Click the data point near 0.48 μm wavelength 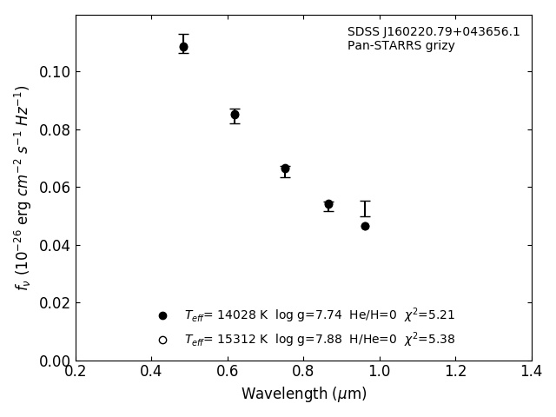click(x=183, y=47)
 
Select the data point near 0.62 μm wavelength click(x=235, y=115)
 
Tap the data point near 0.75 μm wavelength click(x=285, y=169)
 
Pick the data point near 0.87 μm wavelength click(x=328, y=205)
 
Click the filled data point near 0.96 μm click(x=365, y=226)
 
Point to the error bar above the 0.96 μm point click(x=365, y=208)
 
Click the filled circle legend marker click(x=162, y=315)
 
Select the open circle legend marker click(x=162, y=340)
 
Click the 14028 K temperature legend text click(x=226, y=315)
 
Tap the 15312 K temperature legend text click(x=226, y=340)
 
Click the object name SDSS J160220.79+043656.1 click(x=434, y=32)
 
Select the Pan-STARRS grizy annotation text click(x=400, y=46)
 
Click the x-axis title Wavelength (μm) click(x=304, y=394)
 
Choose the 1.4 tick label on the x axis click(x=532, y=372)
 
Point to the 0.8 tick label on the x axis click(x=304, y=372)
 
